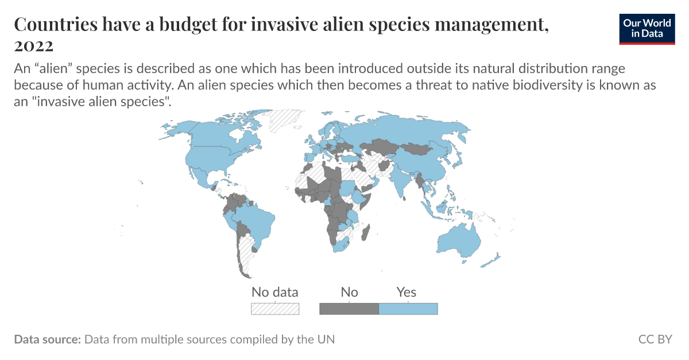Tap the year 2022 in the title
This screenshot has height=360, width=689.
[34, 45]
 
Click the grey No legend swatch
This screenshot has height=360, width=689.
[349, 309]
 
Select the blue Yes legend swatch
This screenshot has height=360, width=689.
[408, 309]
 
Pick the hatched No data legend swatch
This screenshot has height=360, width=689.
[275, 309]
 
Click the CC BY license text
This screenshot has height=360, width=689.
[655, 339]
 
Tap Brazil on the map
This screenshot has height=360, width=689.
[253, 221]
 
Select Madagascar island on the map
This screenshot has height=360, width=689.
[365, 231]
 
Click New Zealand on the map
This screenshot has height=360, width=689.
[493, 260]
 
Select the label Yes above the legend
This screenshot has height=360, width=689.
[407, 292]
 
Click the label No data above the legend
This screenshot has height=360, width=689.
[275, 292]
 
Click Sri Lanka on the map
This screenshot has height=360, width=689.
[405, 198]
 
